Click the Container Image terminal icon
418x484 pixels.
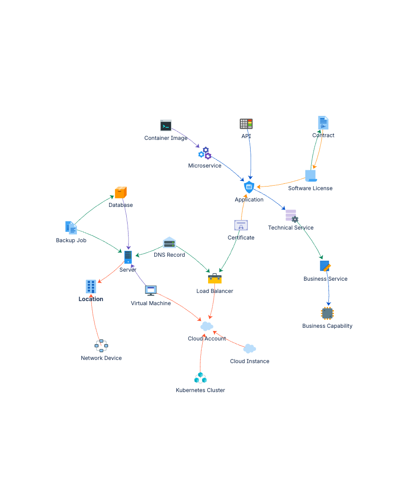pyautogui.click(x=166, y=125)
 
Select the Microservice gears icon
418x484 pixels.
pyautogui.click(x=205, y=153)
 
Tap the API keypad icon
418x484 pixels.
pyautogui.click(x=246, y=124)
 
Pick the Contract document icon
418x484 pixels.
pyautogui.click(x=323, y=123)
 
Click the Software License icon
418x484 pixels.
pyautogui.click(x=310, y=176)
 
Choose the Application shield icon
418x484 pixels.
pyautogui.click(x=249, y=187)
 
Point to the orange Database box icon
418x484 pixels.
pyautogui.click(x=120, y=192)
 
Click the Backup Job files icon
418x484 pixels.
pyautogui.click(x=71, y=228)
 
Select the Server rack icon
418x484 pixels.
pyautogui.click(x=128, y=257)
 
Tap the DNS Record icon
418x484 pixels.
pyautogui.click(x=169, y=243)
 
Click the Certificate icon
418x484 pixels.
pyautogui.click(x=241, y=225)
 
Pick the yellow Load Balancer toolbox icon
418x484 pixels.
pyautogui.click(x=215, y=278)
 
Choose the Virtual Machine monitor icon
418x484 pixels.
pyautogui.click(x=151, y=290)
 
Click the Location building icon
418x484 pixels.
pyautogui.click(x=91, y=286)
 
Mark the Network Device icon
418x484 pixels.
pyautogui.click(x=101, y=345)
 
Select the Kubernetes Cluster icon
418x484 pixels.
pyautogui.click(x=200, y=378)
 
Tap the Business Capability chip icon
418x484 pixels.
pyautogui.click(x=327, y=313)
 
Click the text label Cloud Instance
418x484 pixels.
pyautogui.click(x=249, y=361)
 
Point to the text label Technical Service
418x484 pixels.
pyautogui.click(x=290, y=228)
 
